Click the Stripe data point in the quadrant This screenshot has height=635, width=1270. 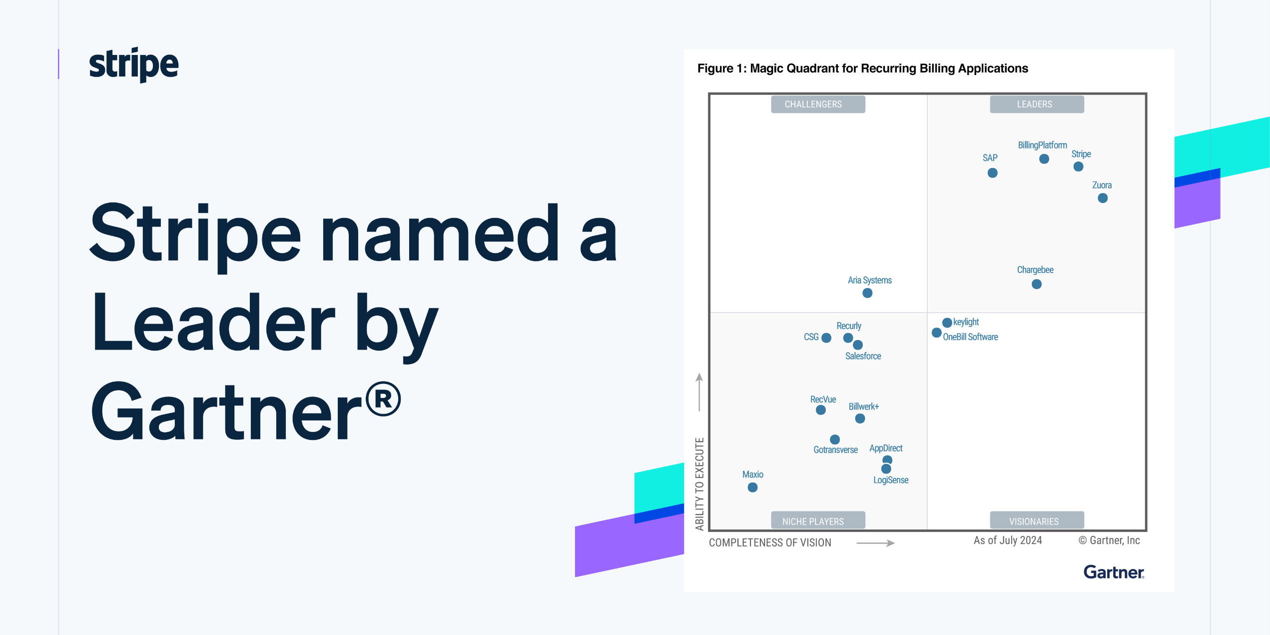[1078, 166]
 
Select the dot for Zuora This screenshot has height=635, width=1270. [1103, 198]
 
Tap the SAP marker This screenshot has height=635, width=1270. [992, 173]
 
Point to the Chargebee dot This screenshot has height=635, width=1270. [1037, 284]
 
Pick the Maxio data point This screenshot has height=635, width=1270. [752, 487]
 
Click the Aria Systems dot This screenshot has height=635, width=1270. [867, 293]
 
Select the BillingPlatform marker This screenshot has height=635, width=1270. [1044, 159]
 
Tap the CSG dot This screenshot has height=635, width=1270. [826, 338]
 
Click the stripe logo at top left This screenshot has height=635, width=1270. [133, 65]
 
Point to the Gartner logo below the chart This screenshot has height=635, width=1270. [1114, 572]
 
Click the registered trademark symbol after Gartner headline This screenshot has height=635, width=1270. [383, 398]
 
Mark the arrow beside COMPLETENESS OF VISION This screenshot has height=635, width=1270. [875, 543]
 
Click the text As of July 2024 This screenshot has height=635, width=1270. [1008, 540]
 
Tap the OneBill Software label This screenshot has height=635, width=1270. [970, 337]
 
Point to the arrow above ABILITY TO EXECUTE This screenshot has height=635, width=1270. [699, 392]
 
